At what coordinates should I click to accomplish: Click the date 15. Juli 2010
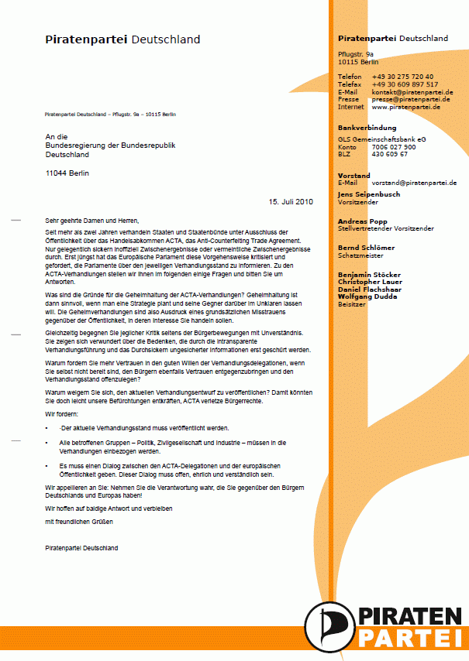click(291, 202)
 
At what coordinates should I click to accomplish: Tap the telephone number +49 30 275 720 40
click(402, 77)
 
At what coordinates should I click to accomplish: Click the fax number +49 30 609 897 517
click(405, 84)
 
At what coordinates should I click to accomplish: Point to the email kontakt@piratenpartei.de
click(412, 92)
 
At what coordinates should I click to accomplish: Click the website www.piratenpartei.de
click(406, 107)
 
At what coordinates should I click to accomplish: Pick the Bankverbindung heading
click(367, 128)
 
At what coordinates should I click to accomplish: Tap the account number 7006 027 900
click(394, 146)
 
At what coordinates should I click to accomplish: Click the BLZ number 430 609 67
click(390, 154)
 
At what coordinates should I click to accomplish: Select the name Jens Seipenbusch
click(369, 194)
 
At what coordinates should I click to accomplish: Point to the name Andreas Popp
click(363, 221)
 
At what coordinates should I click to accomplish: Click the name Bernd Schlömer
click(367, 248)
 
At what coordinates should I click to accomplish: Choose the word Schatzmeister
click(362, 255)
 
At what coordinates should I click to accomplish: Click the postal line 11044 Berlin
click(67, 173)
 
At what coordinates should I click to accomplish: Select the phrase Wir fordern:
click(61, 415)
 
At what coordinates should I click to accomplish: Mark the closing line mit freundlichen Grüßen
click(79, 522)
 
